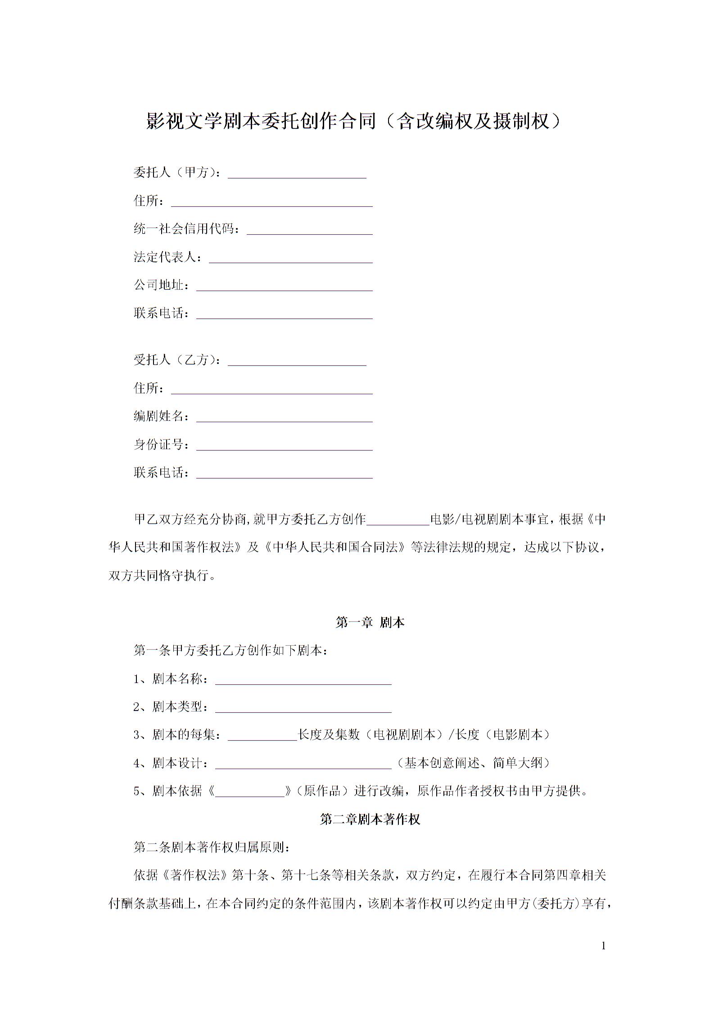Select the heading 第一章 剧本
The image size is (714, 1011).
(370, 623)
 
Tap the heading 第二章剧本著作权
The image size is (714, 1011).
(370, 819)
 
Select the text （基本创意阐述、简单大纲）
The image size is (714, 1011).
(474, 763)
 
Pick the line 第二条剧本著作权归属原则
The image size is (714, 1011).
(212, 847)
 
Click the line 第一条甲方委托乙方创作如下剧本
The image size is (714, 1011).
(231, 651)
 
